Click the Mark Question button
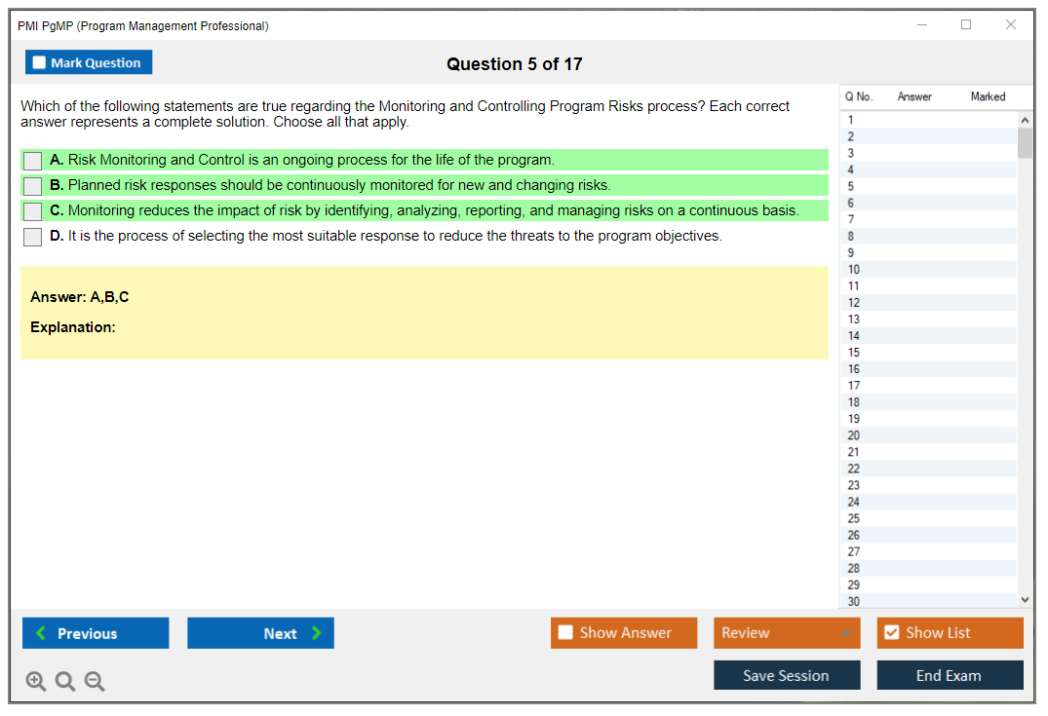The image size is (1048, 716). click(x=89, y=62)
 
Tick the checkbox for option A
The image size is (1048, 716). click(x=33, y=161)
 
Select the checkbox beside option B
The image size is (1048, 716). click(x=33, y=186)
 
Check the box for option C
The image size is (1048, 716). click(x=33, y=211)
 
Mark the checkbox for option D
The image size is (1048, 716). click(x=33, y=237)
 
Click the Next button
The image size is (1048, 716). click(x=260, y=633)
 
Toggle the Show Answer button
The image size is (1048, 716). click(x=624, y=633)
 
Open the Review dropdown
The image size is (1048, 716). click(x=787, y=633)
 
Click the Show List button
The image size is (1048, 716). click(x=950, y=633)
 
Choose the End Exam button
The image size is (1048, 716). click(x=950, y=675)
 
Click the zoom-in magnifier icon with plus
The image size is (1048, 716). click(x=36, y=681)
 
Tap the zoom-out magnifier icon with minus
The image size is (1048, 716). click(x=95, y=681)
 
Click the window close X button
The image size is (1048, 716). click(x=1011, y=24)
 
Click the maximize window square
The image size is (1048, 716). click(x=966, y=24)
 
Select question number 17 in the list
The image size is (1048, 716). click(x=853, y=386)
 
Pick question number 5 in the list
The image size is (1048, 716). click(x=851, y=186)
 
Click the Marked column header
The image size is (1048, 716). click(x=988, y=96)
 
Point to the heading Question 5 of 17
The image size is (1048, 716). click(x=515, y=64)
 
